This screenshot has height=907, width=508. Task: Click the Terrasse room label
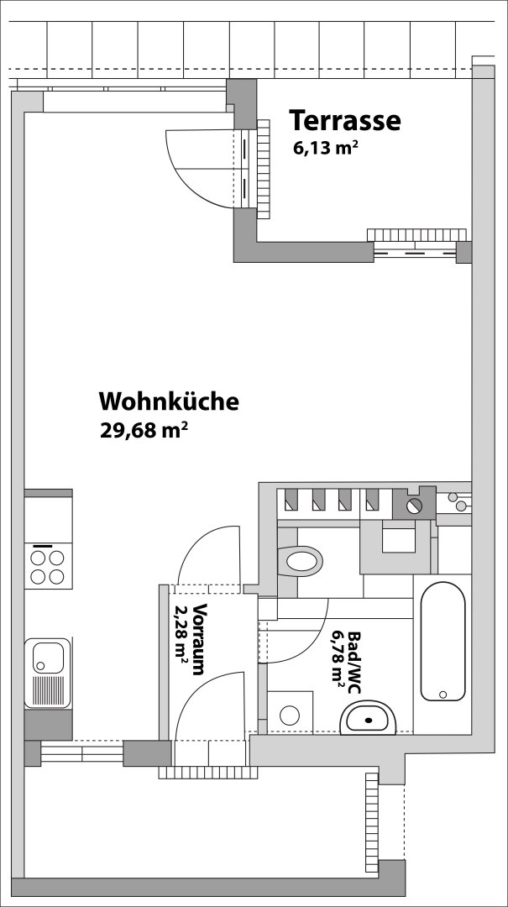345,120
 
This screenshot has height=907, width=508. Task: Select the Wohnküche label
169,401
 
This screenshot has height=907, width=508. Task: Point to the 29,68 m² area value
144,430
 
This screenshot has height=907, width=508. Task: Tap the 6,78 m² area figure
338,659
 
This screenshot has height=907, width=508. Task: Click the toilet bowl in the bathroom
301,560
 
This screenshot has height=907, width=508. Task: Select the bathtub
443,641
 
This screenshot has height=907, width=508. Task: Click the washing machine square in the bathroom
290,713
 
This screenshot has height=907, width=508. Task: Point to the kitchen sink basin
48,658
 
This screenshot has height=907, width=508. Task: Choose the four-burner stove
48,567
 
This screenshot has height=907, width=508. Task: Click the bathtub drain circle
443,695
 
